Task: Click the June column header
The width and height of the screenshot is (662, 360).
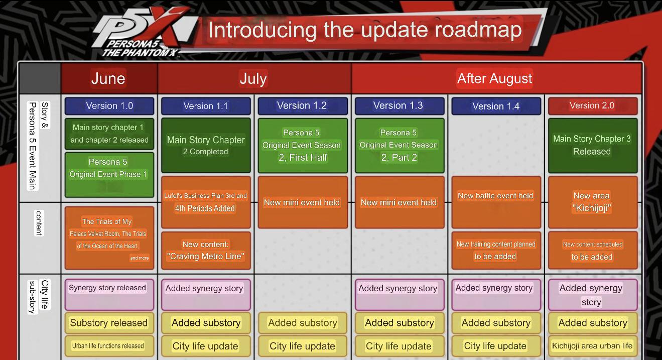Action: click(x=108, y=78)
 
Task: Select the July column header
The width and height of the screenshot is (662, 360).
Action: click(x=254, y=78)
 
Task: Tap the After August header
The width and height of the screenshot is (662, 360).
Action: click(x=495, y=78)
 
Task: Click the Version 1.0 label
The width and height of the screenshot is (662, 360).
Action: click(x=109, y=106)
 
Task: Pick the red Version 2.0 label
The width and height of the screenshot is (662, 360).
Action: click(x=592, y=106)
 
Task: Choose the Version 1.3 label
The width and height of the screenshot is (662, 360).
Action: click(x=399, y=106)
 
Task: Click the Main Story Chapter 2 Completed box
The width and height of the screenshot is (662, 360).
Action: click(x=206, y=146)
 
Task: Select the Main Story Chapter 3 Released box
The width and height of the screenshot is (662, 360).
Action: click(x=592, y=146)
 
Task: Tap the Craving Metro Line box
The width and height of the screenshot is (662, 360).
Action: click(x=206, y=251)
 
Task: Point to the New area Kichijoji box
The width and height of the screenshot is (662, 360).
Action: click(x=592, y=202)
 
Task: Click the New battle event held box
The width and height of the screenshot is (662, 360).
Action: click(x=496, y=202)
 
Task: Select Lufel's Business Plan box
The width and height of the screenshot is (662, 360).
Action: click(x=206, y=202)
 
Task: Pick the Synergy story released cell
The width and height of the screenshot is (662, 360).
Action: click(x=109, y=294)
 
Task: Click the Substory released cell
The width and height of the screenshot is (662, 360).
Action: click(x=109, y=322)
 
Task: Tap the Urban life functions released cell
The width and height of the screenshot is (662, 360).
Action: click(x=109, y=346)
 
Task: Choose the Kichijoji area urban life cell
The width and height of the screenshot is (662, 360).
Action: click(x=592, y=346)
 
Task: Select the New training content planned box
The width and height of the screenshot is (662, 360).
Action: click(x=496, y=251)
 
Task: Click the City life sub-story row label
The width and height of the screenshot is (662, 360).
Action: click(x=39, y=297)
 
